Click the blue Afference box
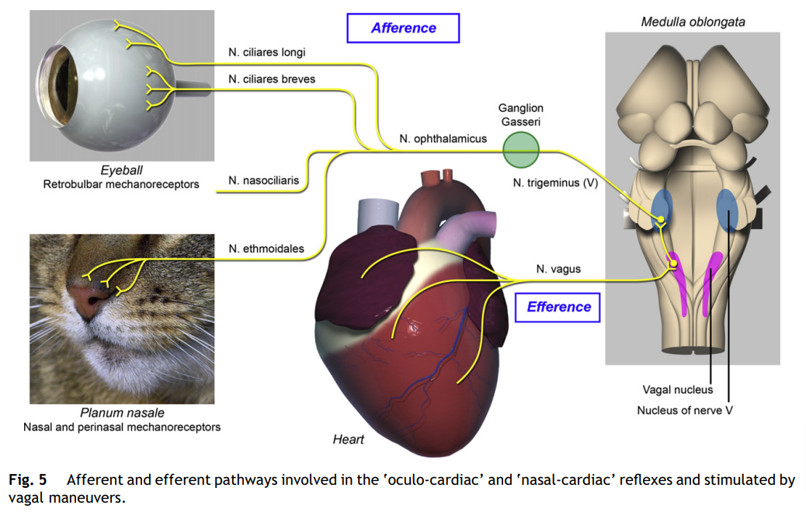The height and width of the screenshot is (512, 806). (403, 28)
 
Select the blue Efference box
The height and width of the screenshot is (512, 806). (558, 307)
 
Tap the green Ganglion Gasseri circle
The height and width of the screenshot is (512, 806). (520, 149)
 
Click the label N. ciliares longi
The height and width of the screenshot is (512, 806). (266, 53)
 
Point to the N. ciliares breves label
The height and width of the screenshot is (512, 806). (272, 78)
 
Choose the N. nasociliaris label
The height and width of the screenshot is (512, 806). (263, 181)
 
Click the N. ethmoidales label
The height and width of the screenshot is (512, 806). (266, 249)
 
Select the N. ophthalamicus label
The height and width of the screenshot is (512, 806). (443, 138)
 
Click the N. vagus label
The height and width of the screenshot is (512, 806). (558, 270)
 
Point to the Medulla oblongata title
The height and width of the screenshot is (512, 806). (693, 22)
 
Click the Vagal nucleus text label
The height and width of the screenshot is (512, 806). (677, 389)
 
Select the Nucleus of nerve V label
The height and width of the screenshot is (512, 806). (685, 410)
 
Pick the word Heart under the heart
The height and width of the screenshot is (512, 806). (348, 440)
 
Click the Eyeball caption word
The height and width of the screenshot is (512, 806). (121, 170)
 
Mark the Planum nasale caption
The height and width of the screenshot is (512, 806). (122, 413)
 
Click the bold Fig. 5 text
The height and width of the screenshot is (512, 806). (27, 479)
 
